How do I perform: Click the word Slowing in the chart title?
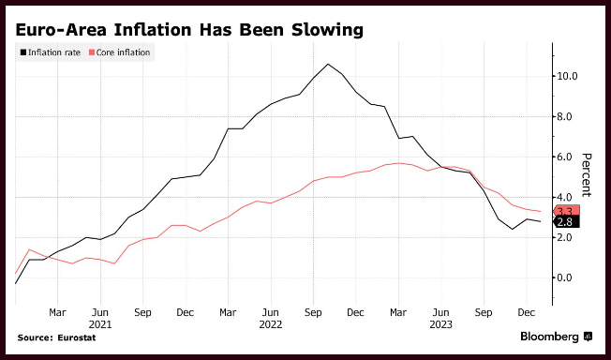[327, 30]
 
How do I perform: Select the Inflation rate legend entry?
[51, 52]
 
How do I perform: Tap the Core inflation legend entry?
[119, 52]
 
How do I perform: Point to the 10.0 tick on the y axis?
[567, 76]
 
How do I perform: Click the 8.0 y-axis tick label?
[564, 116]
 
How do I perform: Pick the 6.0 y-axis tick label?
[564, 157]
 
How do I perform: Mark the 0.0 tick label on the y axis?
[564, 277]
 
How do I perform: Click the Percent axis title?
[586, 175]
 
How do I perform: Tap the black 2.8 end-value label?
[566, 222]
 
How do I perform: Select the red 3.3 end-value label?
[566, 211]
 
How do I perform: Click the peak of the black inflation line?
[328, 64]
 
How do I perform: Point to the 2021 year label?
[100, 324]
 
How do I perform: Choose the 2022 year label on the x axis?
[271, 324]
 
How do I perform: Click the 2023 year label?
[440, 324]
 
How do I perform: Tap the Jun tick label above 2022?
[271, 313]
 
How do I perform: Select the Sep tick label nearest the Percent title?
[484, 313]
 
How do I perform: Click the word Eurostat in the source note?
[77, 337]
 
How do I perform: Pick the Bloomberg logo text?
[550, 337]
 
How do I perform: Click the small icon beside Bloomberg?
[588, 337]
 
